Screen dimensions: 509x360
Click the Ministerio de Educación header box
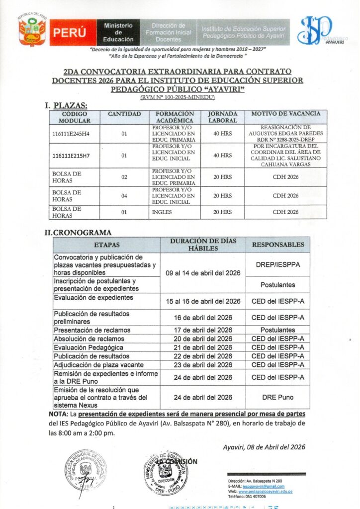[x=118, y=32]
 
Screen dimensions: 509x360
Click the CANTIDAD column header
[x=124, y=114]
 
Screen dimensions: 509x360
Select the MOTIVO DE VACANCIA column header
[x=285, y=114]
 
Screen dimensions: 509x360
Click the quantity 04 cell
[x=124, y=196]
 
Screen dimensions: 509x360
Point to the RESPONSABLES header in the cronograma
[x=278, y=245]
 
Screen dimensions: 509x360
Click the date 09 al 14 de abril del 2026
[x=203, y=273]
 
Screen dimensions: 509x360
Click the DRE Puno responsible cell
[x=278, y=397]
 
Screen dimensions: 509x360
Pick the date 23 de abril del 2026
[x=203, y=365]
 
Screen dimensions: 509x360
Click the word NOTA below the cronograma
[x=57, y=414]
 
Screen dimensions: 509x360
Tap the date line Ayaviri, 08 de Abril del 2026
[x=264, y=446]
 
